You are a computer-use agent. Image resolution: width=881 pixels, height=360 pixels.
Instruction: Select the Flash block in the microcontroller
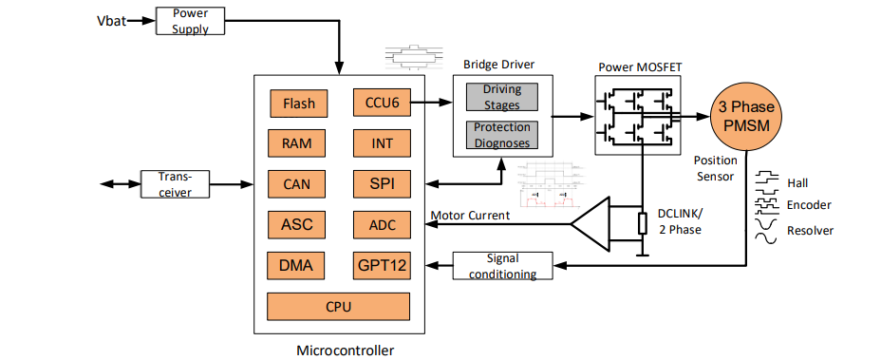(x=298, y=103)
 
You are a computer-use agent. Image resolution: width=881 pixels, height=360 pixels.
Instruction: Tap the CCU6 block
(x=381, y=103)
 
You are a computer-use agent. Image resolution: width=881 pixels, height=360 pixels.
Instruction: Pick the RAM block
(x=298, y=143)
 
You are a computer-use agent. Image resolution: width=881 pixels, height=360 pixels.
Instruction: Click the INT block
(x=381, y=143)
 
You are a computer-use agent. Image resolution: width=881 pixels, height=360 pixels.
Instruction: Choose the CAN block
(x=298, y=183)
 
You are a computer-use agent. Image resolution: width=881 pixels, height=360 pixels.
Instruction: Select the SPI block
(x=381, y=183)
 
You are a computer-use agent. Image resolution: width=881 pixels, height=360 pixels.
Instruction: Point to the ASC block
(x=298, y=224)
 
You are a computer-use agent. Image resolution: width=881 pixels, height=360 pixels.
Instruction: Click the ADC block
(x=381, y=224)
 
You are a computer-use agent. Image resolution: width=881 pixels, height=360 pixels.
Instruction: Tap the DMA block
(x=298, y=265)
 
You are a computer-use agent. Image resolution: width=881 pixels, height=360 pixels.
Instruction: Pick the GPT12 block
(x=381, y=265)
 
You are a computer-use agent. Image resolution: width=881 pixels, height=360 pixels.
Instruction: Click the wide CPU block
(x=339, y=307)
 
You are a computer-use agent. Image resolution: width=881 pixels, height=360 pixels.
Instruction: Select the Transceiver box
(x=175, y=184)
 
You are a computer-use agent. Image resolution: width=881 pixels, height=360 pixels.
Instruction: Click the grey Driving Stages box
(x=502, y=96)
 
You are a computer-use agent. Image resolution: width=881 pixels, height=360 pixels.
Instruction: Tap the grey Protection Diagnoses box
(x=502, y=135)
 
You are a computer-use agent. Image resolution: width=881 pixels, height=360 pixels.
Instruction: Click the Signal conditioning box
(x=510, y=266)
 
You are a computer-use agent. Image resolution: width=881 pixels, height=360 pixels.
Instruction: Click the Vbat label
(x=112, y=20)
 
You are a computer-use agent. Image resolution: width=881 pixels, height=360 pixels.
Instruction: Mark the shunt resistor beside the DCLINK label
(x=643, y=224)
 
